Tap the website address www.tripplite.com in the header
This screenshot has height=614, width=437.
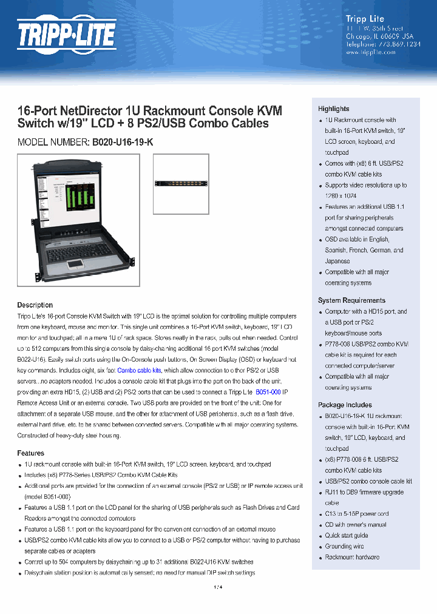[x=370, y=52]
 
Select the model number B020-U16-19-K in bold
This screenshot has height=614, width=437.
[x=123, y=142]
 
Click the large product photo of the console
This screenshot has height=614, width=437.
[x=78, y=220]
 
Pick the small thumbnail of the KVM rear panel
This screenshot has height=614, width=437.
[x=180, y=184]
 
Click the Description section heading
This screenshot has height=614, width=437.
[x=35, y=305]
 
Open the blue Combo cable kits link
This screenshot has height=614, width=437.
[x=139, y=370]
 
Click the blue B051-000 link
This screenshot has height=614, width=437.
[x=268, y=393]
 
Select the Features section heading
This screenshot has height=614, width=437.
[x=30, y=453]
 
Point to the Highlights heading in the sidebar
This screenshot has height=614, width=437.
[x=333, y=109]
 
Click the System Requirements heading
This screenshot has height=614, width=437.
[x=351, y=300]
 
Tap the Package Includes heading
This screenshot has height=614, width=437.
[x=345, y=405]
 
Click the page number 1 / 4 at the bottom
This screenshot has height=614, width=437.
[x=218, y=587]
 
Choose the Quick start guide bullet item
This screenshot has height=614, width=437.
[x=346, y=536]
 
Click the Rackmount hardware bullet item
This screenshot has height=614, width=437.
[x=352, y=558]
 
